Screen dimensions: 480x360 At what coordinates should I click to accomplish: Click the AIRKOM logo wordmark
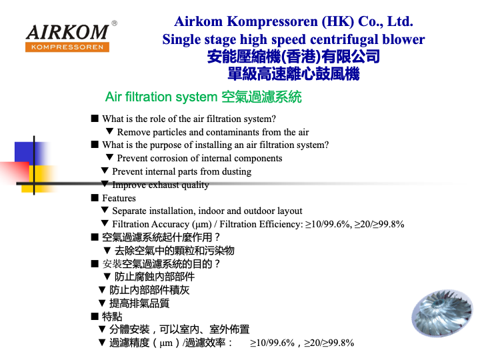tap(67, 33)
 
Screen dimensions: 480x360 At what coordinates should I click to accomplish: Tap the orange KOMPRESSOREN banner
tap(67, 47)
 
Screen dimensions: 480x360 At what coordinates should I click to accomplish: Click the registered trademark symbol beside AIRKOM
tap(114, 23)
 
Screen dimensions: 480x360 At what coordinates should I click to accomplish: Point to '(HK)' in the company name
tap(337, 21)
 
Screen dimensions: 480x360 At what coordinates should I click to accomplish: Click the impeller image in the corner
tap(443, 313)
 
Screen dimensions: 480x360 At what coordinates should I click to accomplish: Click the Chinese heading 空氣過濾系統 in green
tap(261, 97)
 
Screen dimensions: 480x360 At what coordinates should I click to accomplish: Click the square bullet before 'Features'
tap(95, 198)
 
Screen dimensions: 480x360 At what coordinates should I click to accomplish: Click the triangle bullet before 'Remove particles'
tap(109, 131)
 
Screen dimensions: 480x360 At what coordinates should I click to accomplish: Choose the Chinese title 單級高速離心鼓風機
tap(293, 74)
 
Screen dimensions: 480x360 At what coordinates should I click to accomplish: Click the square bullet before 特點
tap(95, 316)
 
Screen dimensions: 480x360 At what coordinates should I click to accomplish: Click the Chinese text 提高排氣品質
tap(139, 303)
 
